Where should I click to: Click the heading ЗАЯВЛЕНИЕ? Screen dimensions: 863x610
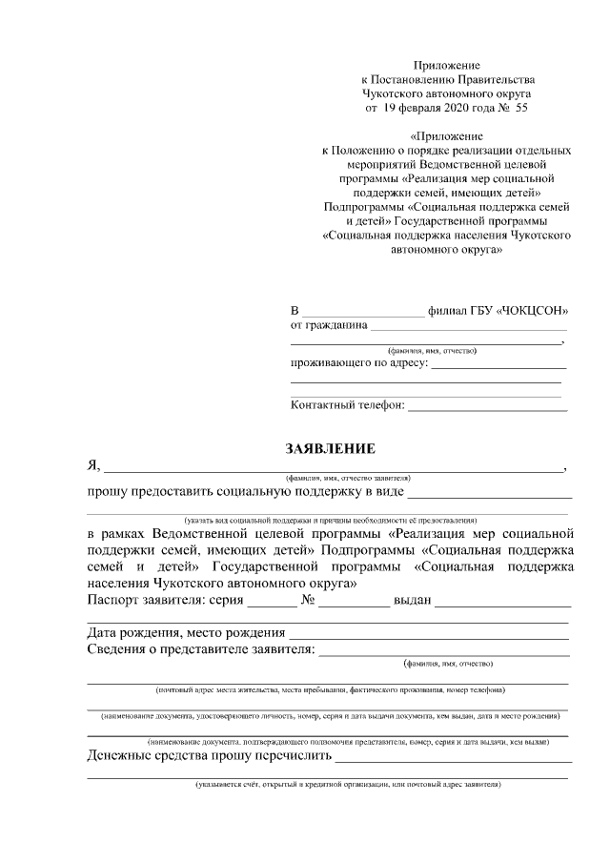pos(332,449)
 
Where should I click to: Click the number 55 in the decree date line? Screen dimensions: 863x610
pos(520,109)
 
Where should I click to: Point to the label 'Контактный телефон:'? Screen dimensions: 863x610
pos(347,405)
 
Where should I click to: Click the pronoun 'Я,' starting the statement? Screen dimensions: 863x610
pos(93,465)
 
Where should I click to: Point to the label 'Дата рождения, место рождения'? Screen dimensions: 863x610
pos(186,633)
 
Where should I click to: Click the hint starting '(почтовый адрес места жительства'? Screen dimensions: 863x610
pos(331,688)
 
